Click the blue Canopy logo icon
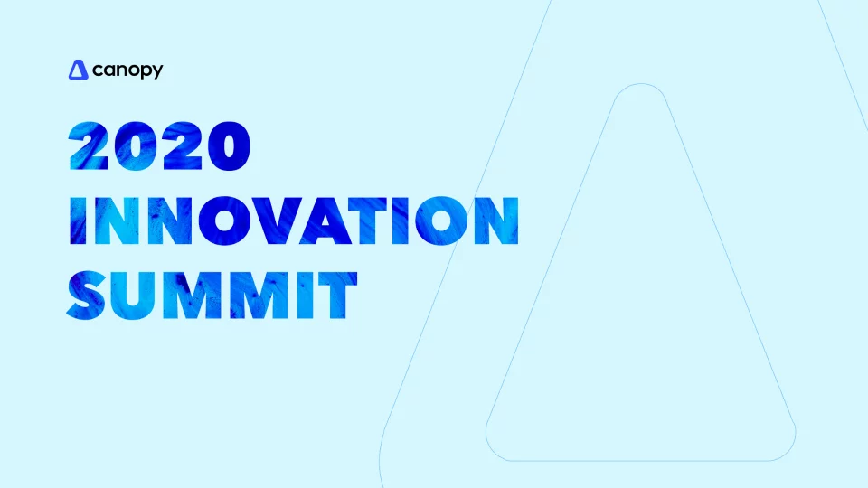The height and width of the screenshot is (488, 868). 78,69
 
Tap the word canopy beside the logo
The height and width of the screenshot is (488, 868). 127,70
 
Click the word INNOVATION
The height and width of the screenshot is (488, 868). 293,221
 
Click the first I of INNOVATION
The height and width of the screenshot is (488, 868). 75,221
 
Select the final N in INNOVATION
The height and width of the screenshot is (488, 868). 495,221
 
